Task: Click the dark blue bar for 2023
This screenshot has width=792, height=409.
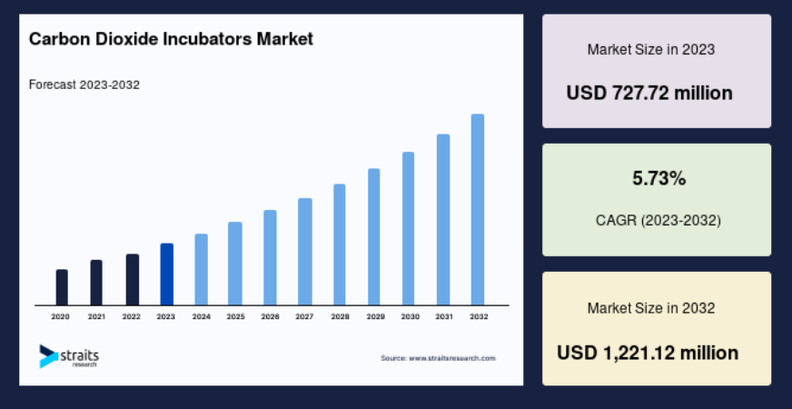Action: [167, 274]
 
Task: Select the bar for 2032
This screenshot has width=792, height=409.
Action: [478, 209]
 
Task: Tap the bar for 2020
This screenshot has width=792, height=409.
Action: [62, 287]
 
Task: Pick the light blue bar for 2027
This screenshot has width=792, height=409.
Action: [305, 252]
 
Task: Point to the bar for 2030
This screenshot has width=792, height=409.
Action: [408, 228]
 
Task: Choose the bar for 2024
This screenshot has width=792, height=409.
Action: [201, 269]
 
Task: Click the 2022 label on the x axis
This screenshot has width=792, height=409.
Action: [132, 317]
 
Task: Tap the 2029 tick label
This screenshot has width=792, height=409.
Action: [375, 317]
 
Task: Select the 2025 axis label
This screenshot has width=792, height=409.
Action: [235, 317]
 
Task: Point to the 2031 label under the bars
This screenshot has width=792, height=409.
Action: [444, 317]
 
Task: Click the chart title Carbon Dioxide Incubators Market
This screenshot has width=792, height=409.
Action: [172, 39]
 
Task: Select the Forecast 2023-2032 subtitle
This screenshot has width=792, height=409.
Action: [84, 85]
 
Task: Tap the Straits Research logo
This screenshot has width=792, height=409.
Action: [69, 356]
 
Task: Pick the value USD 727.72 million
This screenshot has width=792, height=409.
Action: [649, 93]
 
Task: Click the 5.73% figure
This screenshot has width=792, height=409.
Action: [659, 178]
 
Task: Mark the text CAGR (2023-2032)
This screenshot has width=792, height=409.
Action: [658, 221]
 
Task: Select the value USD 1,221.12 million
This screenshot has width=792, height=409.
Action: [648, 353]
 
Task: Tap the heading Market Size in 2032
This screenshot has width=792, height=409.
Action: [651, 308]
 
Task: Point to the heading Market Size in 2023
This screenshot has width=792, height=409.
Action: [651, 50]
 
